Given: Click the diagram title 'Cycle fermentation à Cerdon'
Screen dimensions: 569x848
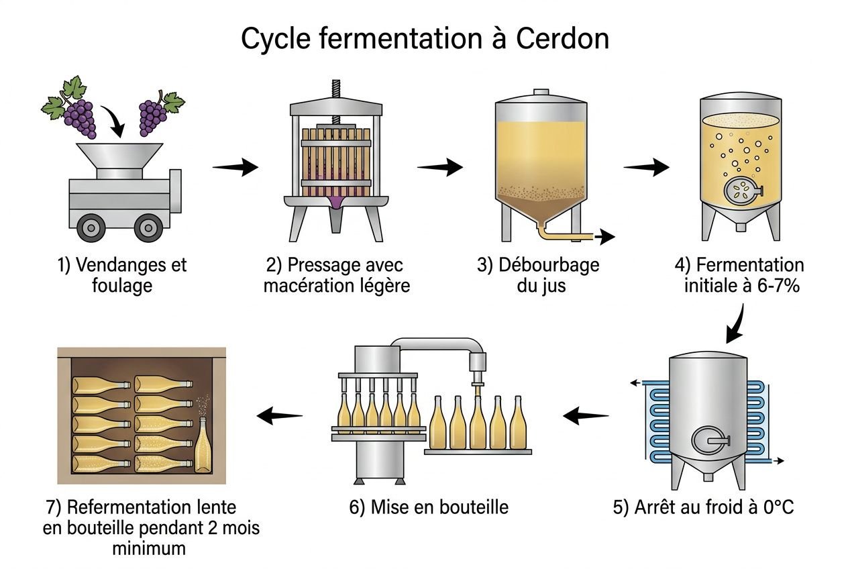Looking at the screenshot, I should click(424, 39).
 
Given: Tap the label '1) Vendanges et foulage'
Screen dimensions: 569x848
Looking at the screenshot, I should click(122, 274).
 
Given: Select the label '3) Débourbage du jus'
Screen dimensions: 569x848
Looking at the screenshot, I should click(538, 274).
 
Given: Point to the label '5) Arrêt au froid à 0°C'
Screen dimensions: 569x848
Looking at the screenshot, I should click(703, 507).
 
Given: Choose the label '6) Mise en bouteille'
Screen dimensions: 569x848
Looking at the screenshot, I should click(429, 507).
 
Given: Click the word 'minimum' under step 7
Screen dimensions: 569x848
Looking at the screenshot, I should click(148, 548).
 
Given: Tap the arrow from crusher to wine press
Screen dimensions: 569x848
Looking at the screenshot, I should click(235, 167).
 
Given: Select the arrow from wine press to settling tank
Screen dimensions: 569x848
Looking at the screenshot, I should click(440, 167).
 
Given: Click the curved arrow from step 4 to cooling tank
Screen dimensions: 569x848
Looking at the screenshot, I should click(738, 322).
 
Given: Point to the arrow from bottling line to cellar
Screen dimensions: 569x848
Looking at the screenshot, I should click(280, 417).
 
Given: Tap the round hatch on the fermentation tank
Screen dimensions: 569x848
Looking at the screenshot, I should click(741, 191).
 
